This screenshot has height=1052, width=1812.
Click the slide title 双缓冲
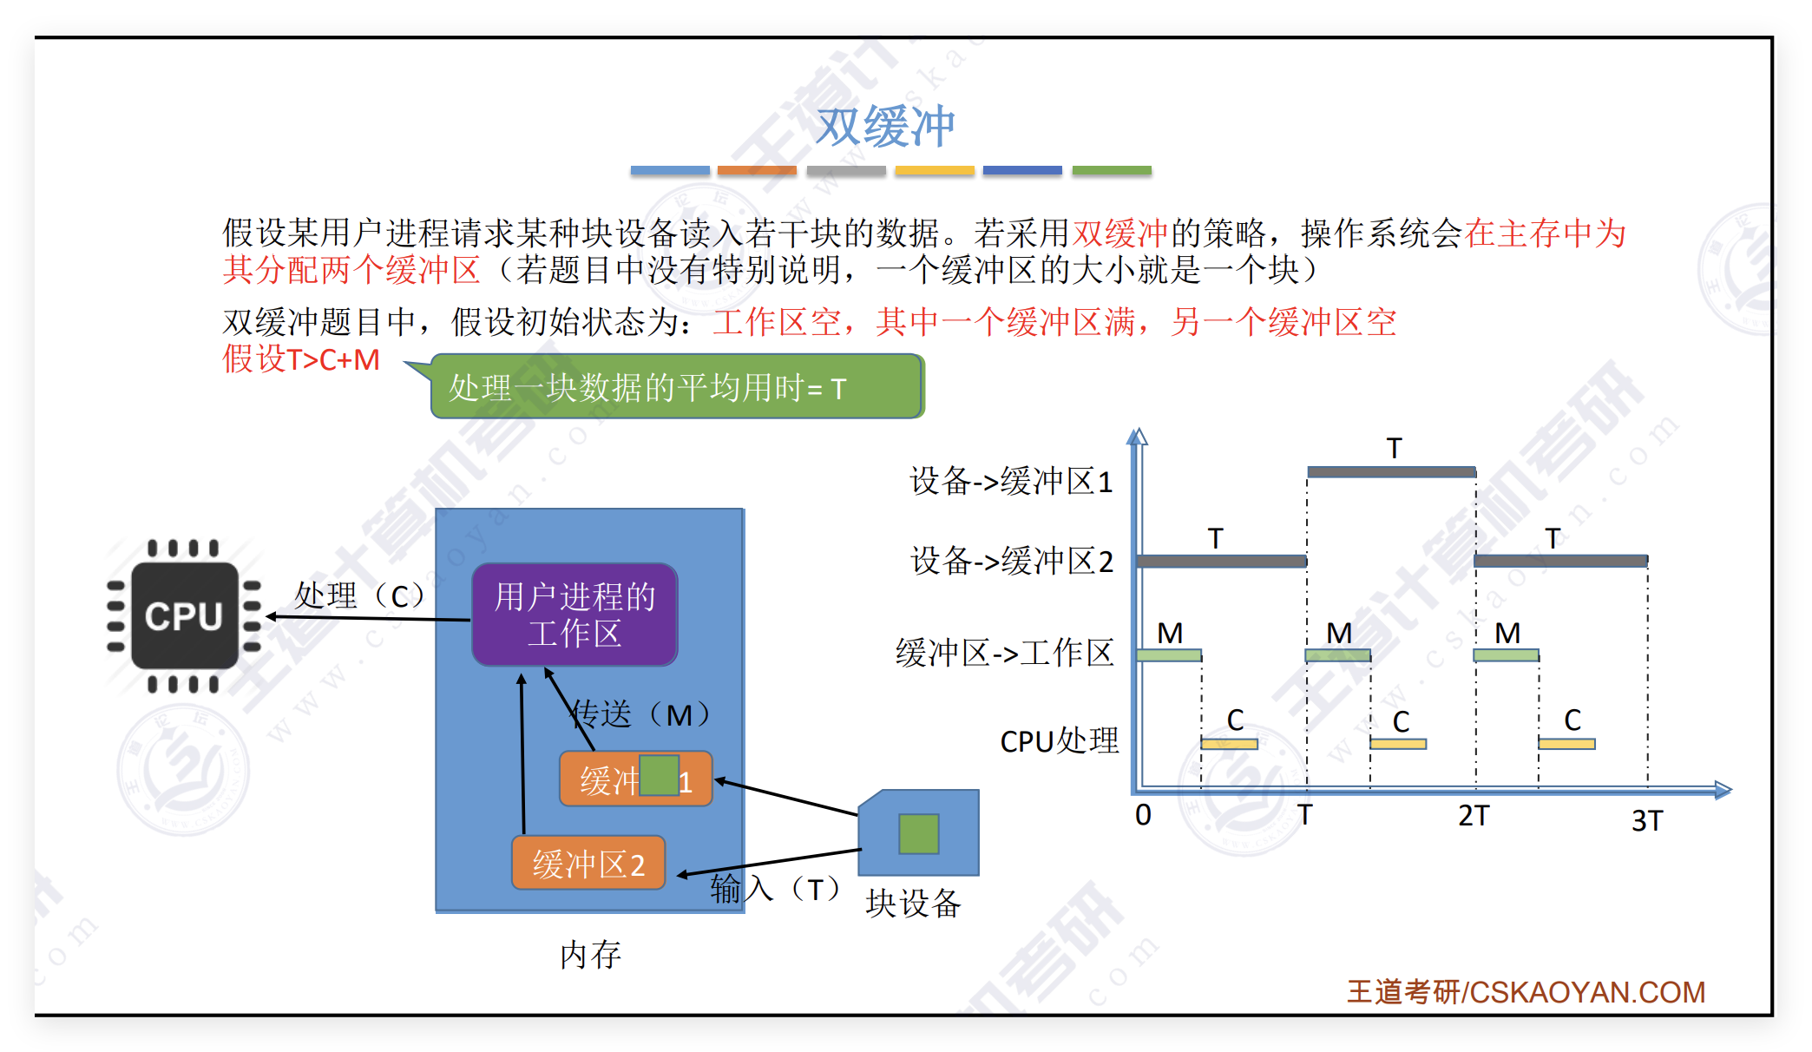coord(885,127)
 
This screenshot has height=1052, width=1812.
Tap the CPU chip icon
coord(184,616)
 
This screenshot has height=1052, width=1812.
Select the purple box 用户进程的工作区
coord(574,615)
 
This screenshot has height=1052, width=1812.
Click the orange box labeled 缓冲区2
coord(588,864)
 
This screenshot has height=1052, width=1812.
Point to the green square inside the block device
coord(918,833)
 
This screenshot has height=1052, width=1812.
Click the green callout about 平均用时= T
coord(677,387)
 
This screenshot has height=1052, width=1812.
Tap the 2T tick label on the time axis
coord(1474,816)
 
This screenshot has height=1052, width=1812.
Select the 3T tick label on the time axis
coord(1646,820)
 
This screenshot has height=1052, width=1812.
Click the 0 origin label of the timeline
coord(1143,815)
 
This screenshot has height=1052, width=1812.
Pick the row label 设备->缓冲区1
coord(1011,481)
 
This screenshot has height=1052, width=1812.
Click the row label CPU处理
coord(1060,741)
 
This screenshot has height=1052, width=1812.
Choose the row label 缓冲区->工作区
coord(1005,653)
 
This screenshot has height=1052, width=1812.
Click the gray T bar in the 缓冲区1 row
coord(1391,472)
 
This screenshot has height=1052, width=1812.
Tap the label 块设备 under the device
coord(913,904)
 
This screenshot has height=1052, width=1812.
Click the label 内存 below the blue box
coord(590,955)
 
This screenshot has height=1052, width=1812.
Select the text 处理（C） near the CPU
coord(360,595)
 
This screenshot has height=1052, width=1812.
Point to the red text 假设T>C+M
coord(301,359)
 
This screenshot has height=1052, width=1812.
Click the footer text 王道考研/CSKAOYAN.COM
coord(1526,992)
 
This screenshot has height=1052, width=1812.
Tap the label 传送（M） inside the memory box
coord(642,714)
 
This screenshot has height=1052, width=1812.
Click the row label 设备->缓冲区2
coord(1012,562)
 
